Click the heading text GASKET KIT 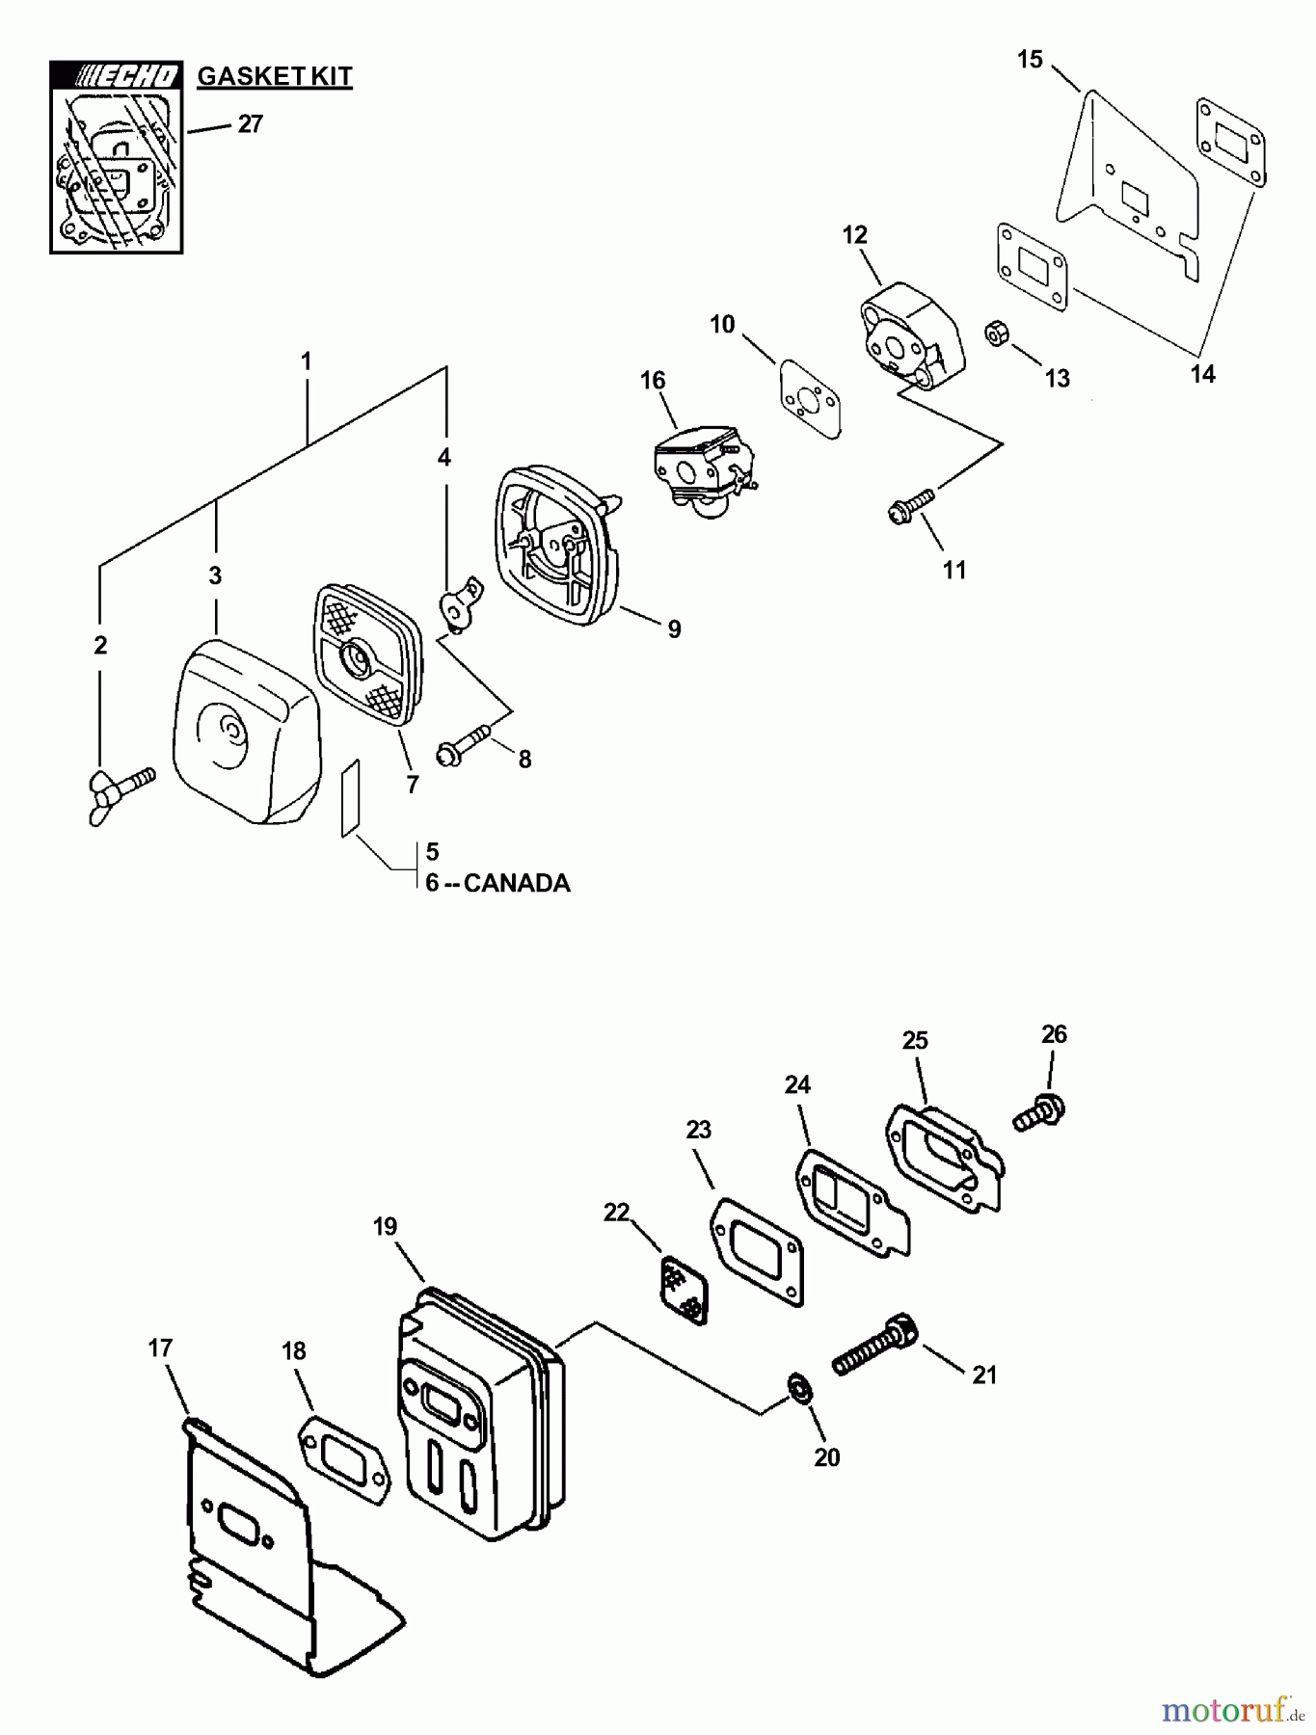[x=275, y=76]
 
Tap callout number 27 [x=250, y=124]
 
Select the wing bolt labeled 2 [x=121, y=786]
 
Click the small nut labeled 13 [x=996, y=335]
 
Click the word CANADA [x=517, y=883]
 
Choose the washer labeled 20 [x=799, y=1388]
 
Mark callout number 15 [x=1030, y=60]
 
